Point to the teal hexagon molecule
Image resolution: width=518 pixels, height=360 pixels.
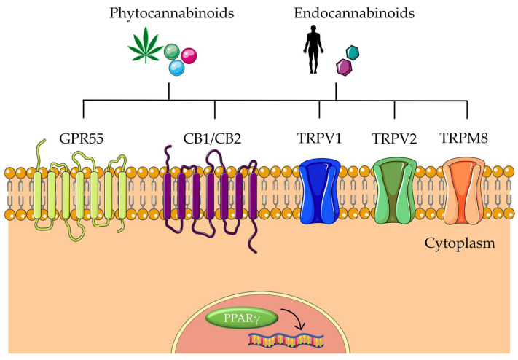pyautogui.click(x=353, y=52)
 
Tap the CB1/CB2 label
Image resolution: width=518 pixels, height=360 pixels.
pyautogui.click(x=215, y=139)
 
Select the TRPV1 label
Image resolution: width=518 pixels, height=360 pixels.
pyautogui.click(x=320, y=139)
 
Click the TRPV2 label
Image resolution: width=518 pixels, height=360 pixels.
pyautogui.click(x=394, y=139)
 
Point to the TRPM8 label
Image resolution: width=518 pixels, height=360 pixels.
pyautogui.click(x=466, y=139)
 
